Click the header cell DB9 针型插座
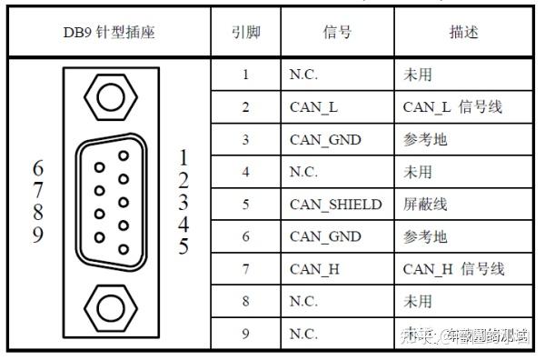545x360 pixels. pyautogui.click(x=109, y=34)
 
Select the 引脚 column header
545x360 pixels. pyautogui.click(x=246, y=34)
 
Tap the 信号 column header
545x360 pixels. pyautogui.click(x=337, y=34)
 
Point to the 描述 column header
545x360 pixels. pyautogui.click(x=463, y=34)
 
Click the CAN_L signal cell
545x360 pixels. pyautogui.click(x=314, y=107)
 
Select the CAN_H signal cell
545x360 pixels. pyautogui.click(x=314, y=268)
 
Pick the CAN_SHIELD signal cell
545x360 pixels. pyautogui.click(x=336, y=204)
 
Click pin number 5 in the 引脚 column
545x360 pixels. pyautogui.click(x=246, y=204)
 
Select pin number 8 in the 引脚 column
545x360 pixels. pyautogui.click(x=246, y=301)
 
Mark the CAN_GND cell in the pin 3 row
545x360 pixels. pyautogui.click(x=326, y=139)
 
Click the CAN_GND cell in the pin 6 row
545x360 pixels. pyautogui.click(x=326, y=236)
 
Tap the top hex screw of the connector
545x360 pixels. pyautogui.click(x=110, y=95)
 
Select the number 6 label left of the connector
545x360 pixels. pyautogui.click(x=38, y=169)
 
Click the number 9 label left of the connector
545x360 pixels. pyautogui.click(x=38, y=235)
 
